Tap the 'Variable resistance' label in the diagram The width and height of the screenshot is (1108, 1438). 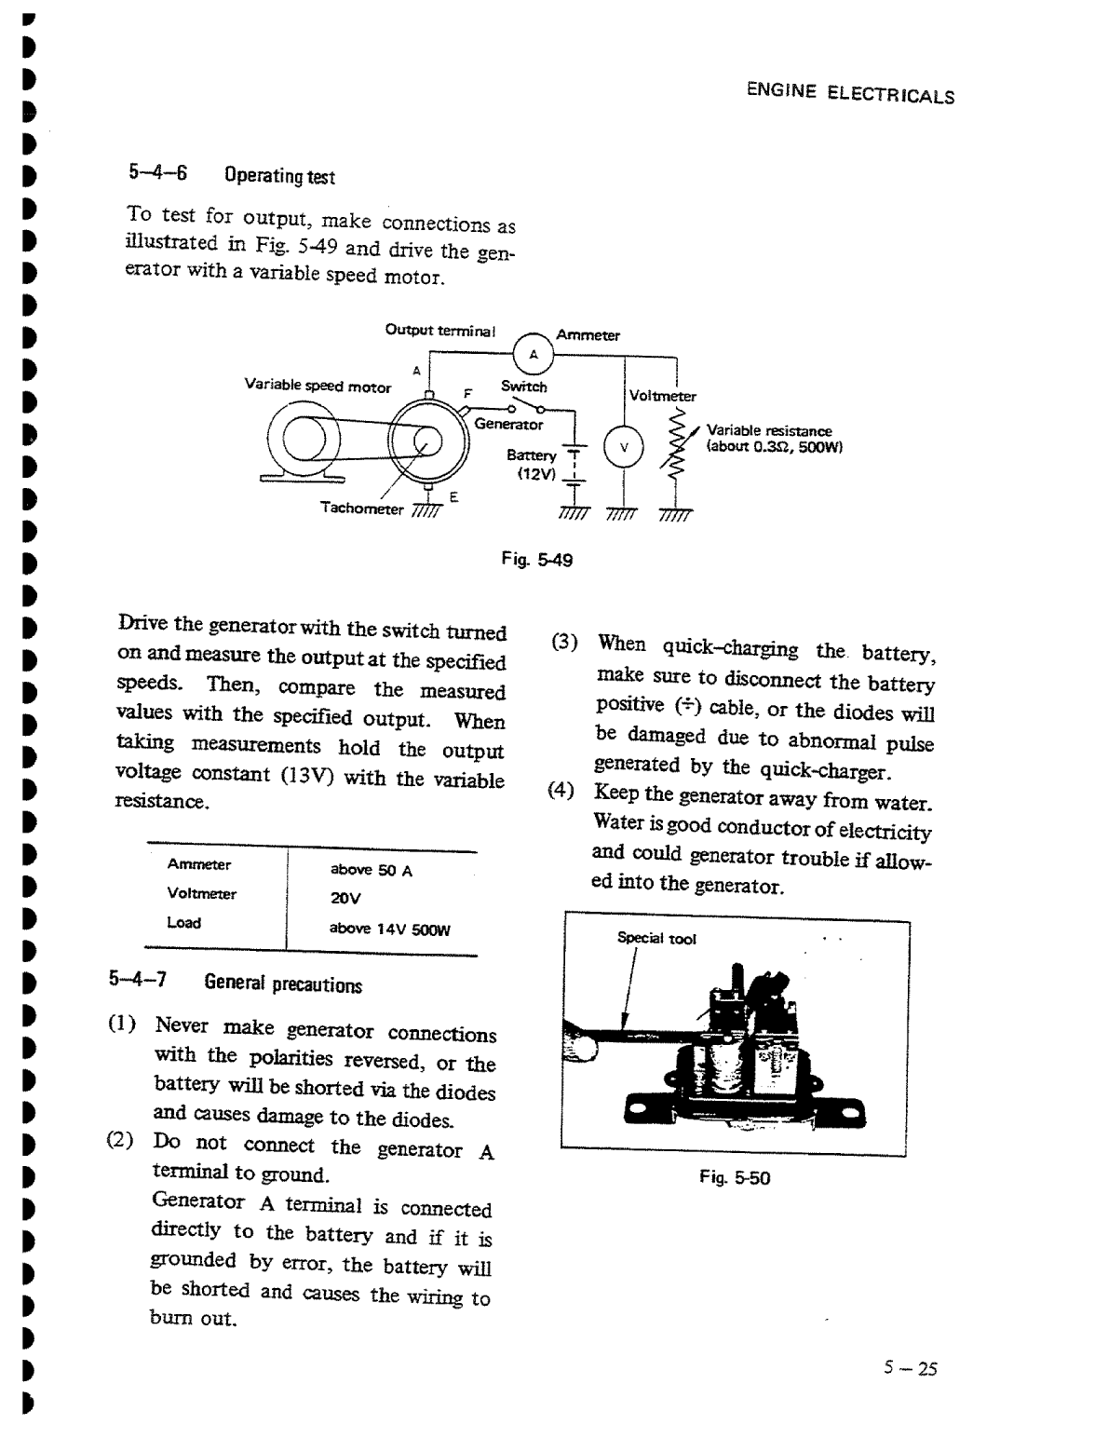click(769, 431)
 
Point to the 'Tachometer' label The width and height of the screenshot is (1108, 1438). click(361, 509)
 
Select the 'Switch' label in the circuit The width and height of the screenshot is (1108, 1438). click(524, 387)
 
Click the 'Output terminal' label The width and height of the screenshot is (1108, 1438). click(440, 331)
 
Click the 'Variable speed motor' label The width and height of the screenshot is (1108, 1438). click(318, 385)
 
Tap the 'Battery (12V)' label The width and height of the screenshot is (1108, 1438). click(533, 464)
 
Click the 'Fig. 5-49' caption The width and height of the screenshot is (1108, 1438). click(537, 560)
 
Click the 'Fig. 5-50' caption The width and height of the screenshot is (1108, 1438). click(735, 1178)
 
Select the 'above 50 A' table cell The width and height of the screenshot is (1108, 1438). click(372, 871)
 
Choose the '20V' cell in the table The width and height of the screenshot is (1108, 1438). click(345, 899)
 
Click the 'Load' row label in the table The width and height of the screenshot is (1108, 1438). click(183, 922)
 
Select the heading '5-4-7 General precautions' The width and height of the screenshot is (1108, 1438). click(235, 983)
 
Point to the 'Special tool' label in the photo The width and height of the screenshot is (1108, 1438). click(656, 939)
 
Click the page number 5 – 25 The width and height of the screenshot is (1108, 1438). click(911, 1367)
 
